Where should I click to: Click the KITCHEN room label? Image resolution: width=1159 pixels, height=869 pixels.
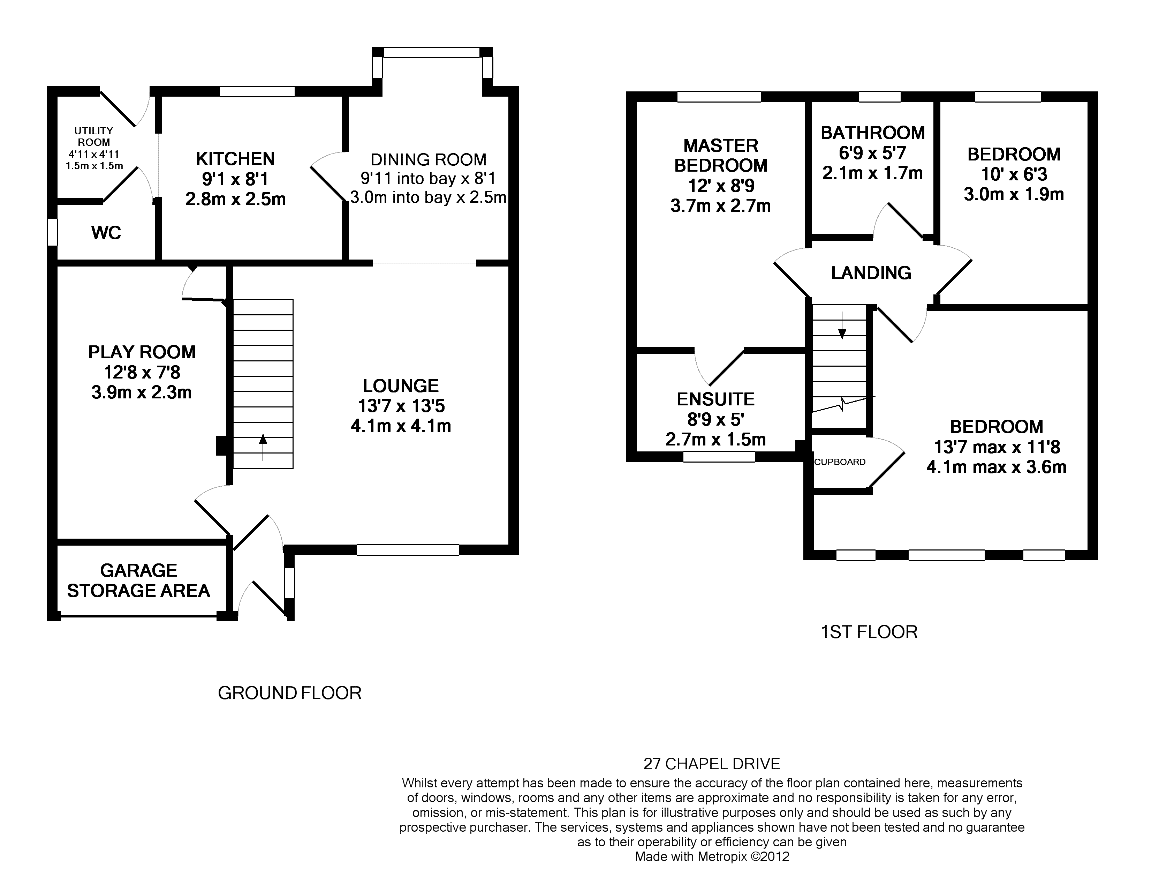tap(235, 159)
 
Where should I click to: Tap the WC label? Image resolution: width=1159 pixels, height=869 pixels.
tap(106, 233)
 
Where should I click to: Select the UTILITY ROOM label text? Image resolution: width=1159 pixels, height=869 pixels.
tap(94, 136)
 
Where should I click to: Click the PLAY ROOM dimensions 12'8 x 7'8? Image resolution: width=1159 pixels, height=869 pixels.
tap(142, 372)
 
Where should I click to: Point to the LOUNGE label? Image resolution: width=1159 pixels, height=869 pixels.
tap(401, 386)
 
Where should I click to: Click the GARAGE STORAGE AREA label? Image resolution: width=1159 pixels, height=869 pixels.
tap(138, 580)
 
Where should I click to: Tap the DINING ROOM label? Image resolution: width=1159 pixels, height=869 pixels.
tap(429, 159)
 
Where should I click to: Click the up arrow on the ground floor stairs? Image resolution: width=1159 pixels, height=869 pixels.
tap(263, 447)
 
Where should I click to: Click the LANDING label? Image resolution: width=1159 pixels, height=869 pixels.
tap(871, 272)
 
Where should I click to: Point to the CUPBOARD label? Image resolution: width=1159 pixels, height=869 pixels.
tap(840, 462)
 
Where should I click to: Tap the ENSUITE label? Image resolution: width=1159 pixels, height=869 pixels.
tap(716, 399)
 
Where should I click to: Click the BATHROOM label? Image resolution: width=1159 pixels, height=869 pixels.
tap(873, 133)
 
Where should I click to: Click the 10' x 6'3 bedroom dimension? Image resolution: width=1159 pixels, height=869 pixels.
tap(1014, 174)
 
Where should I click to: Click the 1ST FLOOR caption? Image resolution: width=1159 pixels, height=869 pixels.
tap(869, 631)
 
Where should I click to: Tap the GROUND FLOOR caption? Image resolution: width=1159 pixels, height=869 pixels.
tap(290, 693)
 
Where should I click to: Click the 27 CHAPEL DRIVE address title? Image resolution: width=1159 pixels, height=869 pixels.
tap(712, 764)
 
